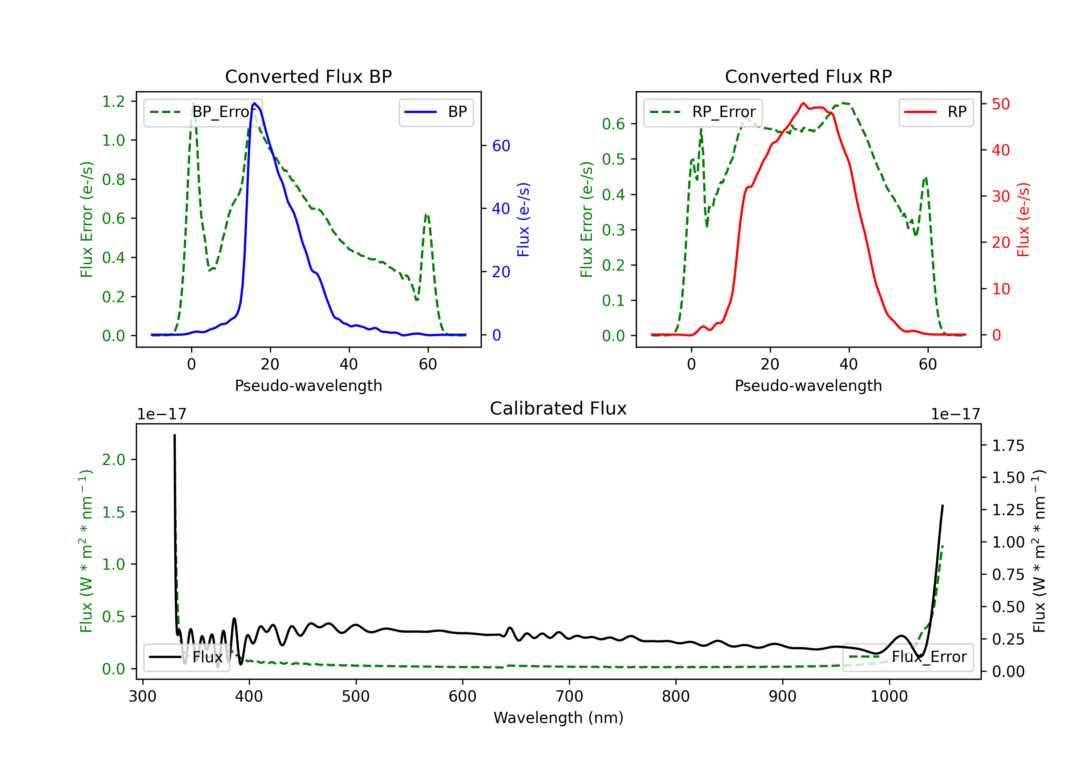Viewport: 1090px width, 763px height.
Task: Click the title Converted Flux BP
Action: [x=308, y=76]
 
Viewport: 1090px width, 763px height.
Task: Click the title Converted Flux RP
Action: [x=808, y=76]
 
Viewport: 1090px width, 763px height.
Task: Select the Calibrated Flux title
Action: [x=558, y=408]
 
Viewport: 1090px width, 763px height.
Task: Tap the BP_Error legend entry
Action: [x=203, y=112]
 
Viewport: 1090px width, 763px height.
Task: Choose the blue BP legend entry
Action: [x=436, y=112]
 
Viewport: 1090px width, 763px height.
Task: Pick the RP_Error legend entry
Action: [x=703, y=112]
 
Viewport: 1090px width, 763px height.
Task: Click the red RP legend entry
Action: [x=935, y=112]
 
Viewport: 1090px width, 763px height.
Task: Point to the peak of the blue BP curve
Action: [x=254, y=103]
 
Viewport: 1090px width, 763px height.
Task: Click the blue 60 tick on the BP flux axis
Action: [x=501, y=146]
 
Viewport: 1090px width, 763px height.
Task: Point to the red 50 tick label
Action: [x=1001, y=104]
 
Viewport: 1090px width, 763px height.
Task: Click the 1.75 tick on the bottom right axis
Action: [x=1008, y=446]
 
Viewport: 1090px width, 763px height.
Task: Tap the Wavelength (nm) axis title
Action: [x=558, y=718]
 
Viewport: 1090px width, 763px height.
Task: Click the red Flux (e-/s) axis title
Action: [x=1024, y=220]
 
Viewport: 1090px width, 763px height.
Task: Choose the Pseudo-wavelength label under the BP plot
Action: [x=308, y=385]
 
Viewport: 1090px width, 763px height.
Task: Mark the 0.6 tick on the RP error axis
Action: [x=613, y=124]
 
